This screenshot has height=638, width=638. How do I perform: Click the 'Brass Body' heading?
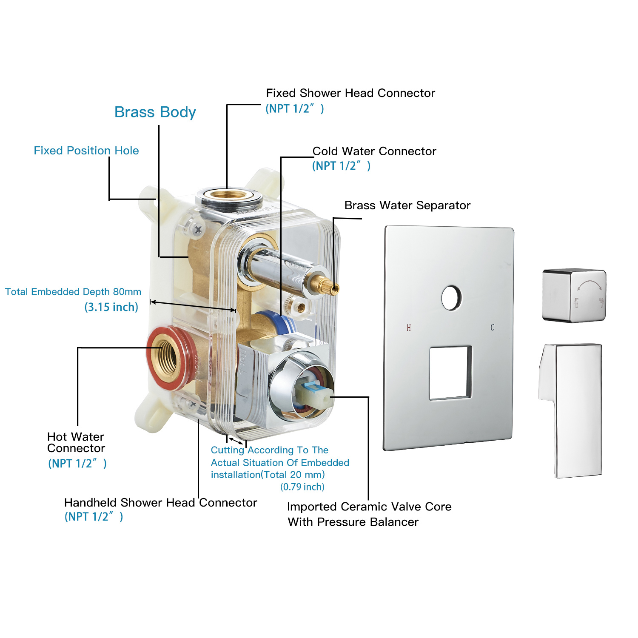coord(155,112)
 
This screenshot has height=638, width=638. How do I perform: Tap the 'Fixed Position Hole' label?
coord(86,151)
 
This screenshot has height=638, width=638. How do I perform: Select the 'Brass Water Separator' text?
coord(407,205)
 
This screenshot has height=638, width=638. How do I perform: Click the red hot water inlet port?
coord(167,358)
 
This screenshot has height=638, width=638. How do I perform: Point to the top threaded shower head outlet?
coord(229,195)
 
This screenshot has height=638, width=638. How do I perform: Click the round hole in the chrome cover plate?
coord(451,298)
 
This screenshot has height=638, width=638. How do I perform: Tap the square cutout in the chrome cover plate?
coord(450,373)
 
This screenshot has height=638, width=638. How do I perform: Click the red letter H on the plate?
coord(409,328)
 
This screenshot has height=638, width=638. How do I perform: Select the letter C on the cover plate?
coord(493,328)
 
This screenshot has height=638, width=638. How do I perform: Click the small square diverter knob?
coord(574,295)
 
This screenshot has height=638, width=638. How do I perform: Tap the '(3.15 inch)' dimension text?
coord(111,307)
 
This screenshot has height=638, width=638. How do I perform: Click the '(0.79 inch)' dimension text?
coord(302,487)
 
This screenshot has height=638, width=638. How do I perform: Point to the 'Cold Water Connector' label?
coord(374,151)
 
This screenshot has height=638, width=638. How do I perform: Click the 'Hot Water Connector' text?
coord(76,442)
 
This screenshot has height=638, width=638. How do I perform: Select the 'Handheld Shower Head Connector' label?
coord(160,503)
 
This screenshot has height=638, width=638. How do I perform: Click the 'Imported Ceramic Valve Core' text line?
coord(369,507)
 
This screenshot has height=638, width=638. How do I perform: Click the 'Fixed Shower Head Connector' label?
coord(350,93)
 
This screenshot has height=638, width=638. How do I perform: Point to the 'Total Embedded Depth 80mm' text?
coord(73,292)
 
